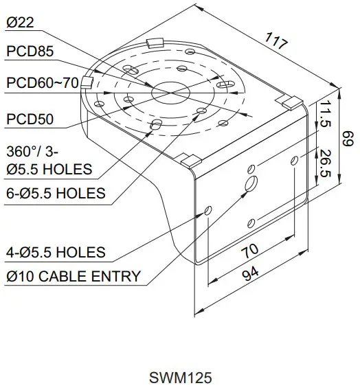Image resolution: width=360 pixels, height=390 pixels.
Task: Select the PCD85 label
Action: click(x=30, y=51)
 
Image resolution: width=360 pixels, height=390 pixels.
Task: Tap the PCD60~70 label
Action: click(x=43, y=83)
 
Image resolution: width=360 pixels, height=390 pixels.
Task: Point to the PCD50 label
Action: click(x=30, y=119)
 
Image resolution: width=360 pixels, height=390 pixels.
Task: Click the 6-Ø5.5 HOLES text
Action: click(x=56, y=193)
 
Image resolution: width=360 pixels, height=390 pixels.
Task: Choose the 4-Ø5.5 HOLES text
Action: click(x=56, y=252)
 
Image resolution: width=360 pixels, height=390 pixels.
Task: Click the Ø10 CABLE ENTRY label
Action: click(x=74, y=277)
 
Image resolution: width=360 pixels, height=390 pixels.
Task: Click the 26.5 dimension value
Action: click(x=324, y=163)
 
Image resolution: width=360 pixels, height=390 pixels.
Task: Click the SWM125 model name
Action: click(x=180, y=378)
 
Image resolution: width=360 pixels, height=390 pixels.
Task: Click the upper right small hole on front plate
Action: click(x=295, y=160)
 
